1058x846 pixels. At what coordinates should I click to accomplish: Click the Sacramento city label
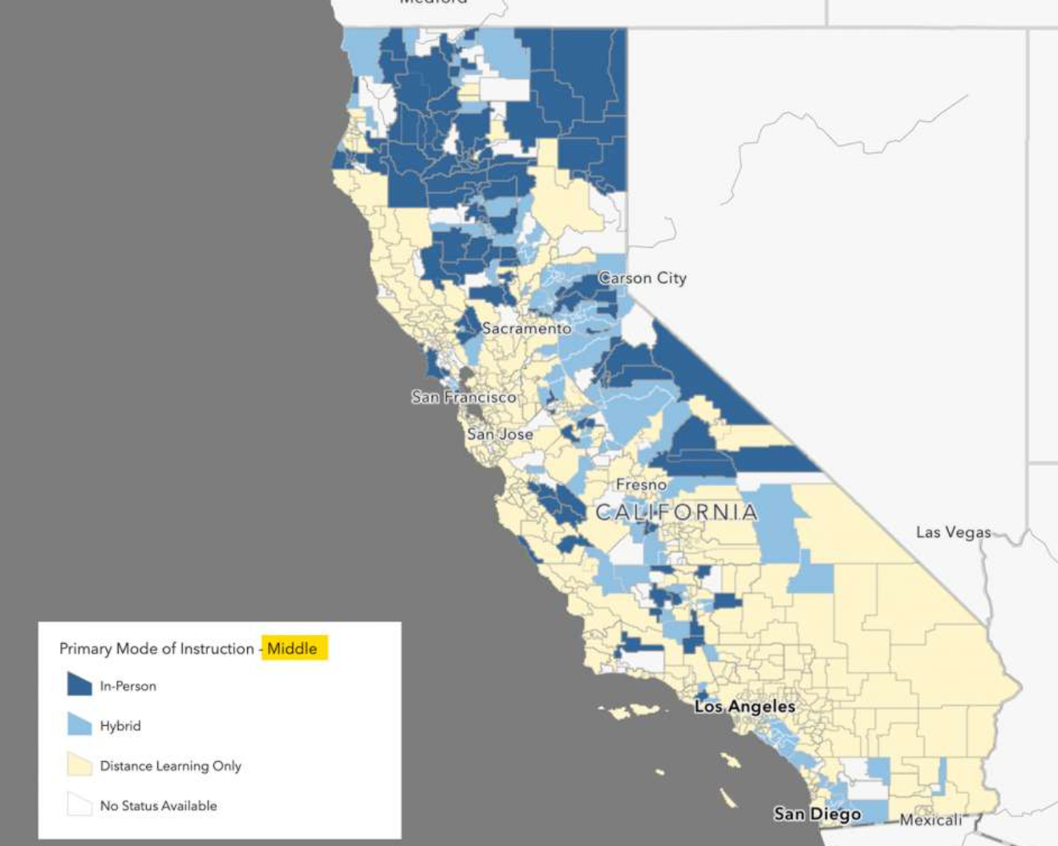coord(526,328)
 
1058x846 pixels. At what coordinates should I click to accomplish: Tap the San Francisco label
coord(464,397)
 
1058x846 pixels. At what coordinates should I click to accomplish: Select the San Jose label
coord(500,434)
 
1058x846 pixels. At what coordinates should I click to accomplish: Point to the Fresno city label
coord(641,484)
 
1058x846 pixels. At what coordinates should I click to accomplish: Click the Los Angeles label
coord(744,706)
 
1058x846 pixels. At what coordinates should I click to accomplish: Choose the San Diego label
coord(817,814)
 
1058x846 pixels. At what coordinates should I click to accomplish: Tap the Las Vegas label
coord(953,532)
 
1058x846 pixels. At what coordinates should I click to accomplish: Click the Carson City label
coord(643,278)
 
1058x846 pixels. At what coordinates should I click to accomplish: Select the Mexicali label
coord(930,820)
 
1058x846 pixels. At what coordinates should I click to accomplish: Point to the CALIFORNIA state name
coord(676,512)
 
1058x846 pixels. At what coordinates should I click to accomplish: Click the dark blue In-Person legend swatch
coord(79,684)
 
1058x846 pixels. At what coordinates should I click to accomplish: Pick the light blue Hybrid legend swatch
coord(79,724)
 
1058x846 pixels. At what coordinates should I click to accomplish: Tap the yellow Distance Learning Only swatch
coord(79,764)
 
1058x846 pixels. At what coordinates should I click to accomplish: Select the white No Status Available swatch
coord(79,804)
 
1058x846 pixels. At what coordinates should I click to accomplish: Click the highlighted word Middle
coord(292,649)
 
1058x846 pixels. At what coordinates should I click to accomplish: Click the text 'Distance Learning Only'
coord(170,766)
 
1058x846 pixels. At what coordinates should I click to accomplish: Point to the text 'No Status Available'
coord(158,806)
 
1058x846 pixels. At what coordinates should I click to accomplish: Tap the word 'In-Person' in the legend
coord(128,686)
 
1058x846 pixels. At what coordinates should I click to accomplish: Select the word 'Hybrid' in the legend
coord(120,726)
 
